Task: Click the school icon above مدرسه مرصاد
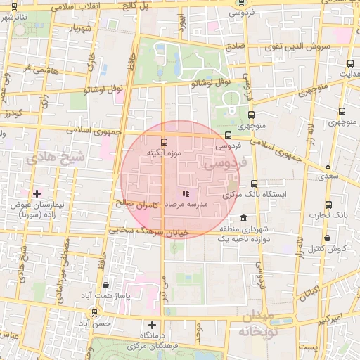tap(185, 193)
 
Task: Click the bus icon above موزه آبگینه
tap(165, 141)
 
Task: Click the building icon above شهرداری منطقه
tap(243, 217)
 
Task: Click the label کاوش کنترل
tap(327, 249)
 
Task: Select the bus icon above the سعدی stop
tap(328, 165)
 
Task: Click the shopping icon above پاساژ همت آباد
tap(105, 285)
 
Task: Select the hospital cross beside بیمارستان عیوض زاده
tap(37, 193)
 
